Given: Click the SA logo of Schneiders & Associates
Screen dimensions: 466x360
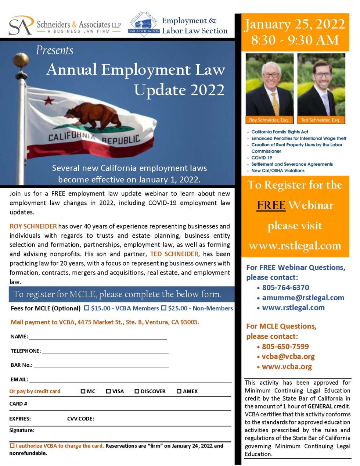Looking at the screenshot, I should tap(21, 26).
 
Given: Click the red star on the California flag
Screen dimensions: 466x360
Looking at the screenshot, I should tap(48, 100).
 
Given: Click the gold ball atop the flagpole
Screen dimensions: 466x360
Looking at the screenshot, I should tap(21, 60).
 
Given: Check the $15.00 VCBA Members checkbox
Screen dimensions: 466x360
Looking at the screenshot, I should tap(87, 308).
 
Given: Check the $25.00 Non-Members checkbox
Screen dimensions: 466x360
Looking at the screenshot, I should tap(164, 308).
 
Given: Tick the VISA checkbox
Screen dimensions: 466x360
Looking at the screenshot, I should tap(108, 391).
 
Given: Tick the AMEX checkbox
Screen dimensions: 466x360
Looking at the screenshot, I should tap(179, 391).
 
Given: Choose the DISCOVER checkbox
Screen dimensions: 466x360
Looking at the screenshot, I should tap(137, 391).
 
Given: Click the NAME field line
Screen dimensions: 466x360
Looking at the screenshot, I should tap(98, 337).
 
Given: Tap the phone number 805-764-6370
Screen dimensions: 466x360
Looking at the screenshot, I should tap(285, 287).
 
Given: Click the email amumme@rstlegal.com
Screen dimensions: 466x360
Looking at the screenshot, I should tap(303, 298).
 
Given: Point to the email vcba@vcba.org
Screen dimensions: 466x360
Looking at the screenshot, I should tap(288, 356).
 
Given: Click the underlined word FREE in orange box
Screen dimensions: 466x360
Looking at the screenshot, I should tap(271, 205).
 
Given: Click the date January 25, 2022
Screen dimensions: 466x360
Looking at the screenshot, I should tap(295, 24).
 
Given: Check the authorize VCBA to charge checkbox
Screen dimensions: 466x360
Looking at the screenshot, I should tap(12, 446).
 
